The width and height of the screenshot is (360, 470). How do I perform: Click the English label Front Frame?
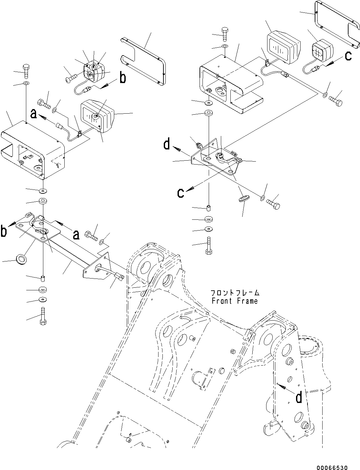tap(235, 301)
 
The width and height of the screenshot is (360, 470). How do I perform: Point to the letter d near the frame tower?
tap(299, 398)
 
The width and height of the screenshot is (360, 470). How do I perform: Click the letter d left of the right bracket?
tap(167, 144)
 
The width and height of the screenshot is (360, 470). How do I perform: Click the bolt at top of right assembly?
tap(225, 33)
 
